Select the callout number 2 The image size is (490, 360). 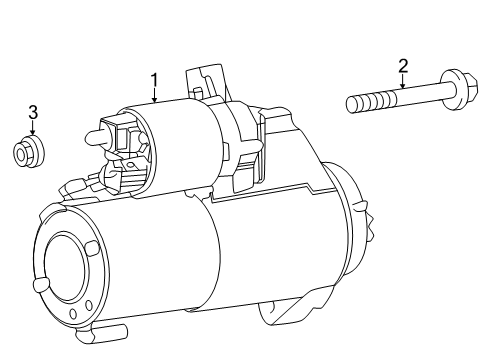pos(403,66)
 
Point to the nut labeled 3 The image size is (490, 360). pos(29,153)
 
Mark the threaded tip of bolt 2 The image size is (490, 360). pos(353,102)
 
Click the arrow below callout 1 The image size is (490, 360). pos(155,96)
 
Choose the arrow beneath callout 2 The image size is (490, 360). pos(403,82)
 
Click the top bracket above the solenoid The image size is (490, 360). pos(205,80)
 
